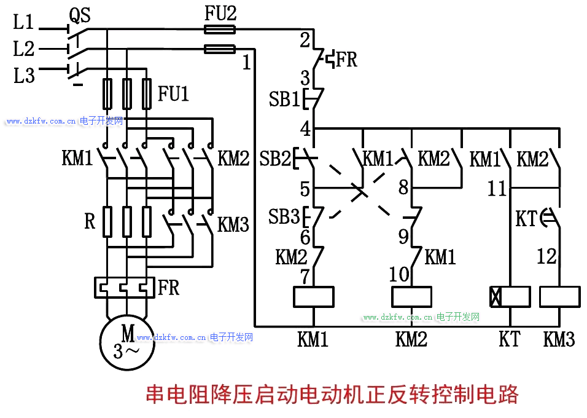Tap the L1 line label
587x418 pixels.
pos(24,23)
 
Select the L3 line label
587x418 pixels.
pos(24,76)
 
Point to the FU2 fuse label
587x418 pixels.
pos(220,14)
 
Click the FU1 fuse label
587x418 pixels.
pos(173,93)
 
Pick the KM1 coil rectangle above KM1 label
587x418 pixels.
pos(313,297)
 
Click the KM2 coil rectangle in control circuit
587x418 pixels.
pos(411,297)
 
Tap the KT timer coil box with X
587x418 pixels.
pos(510,297)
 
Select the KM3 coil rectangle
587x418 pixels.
pos(559,297)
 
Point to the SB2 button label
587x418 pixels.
pos(274,159)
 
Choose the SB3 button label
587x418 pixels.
pos(284,217)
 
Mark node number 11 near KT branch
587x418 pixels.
pos(497,188)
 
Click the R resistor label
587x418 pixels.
pos(90,221)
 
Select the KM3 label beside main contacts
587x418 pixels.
pos(233,224)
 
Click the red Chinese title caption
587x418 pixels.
pos(332,394)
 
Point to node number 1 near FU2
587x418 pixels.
pos(247,62)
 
